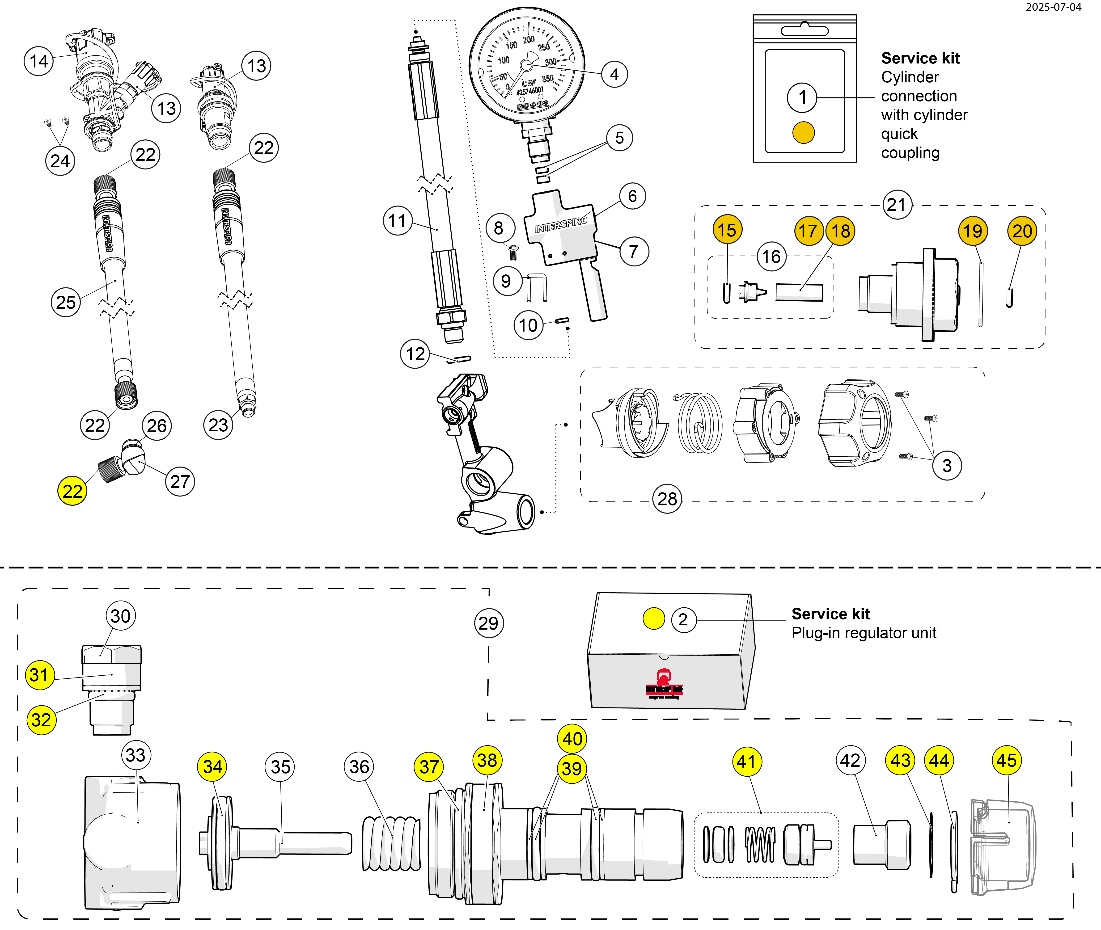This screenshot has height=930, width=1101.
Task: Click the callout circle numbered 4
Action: tap(614, 74)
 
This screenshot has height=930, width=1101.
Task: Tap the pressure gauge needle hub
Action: tap(526, 65)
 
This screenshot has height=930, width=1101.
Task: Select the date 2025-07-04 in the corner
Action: tap(1053, 7)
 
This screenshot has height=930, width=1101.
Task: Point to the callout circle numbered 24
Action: tap(60, 161)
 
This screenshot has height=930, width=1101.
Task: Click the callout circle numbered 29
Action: tap(488, 623)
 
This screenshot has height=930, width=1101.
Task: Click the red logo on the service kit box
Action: tap(664, 684)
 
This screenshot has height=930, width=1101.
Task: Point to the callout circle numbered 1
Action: tap(802, 97)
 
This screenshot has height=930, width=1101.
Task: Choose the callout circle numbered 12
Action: tap(415, 354)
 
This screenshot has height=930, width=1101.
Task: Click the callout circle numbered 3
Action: tap(947, 466)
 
